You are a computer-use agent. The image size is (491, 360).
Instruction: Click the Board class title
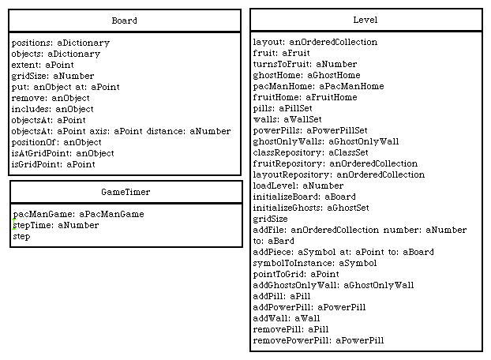[x=124, y=21]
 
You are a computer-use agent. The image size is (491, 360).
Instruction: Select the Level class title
[x=365, y=20]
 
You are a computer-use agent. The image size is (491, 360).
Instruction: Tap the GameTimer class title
[x=126, y=192]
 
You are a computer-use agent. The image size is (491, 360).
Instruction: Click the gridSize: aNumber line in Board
[x=53, y=76]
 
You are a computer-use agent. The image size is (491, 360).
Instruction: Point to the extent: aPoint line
[x=43, y=65]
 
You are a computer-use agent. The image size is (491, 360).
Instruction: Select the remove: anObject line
[x=51, y=98]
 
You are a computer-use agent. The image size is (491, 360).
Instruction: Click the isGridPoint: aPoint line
[x=53, y=164]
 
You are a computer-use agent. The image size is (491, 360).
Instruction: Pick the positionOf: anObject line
[x=56, y=142]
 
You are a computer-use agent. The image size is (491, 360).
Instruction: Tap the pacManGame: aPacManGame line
[x=79, y=214]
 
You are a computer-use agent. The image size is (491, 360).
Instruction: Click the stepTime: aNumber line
[x=56, y=225]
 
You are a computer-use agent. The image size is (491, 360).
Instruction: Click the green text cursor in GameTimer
[x=13, y=224]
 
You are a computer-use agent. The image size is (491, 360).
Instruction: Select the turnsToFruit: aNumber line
[x=305, y=64]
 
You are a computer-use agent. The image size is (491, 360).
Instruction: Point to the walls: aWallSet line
[x=287, y=119]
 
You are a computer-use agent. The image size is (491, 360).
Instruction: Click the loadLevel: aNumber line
[x=298, y=186]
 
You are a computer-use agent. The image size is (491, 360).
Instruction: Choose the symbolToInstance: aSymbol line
[x=315, y=263]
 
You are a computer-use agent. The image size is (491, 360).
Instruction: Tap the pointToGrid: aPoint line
[x=296, y=274]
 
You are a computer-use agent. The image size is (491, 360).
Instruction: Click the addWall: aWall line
[x=287, y=318]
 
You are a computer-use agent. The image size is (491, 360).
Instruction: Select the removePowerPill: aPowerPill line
[x=318, y=340]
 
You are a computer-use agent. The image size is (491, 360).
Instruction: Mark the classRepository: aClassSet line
[x=310, y=152]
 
